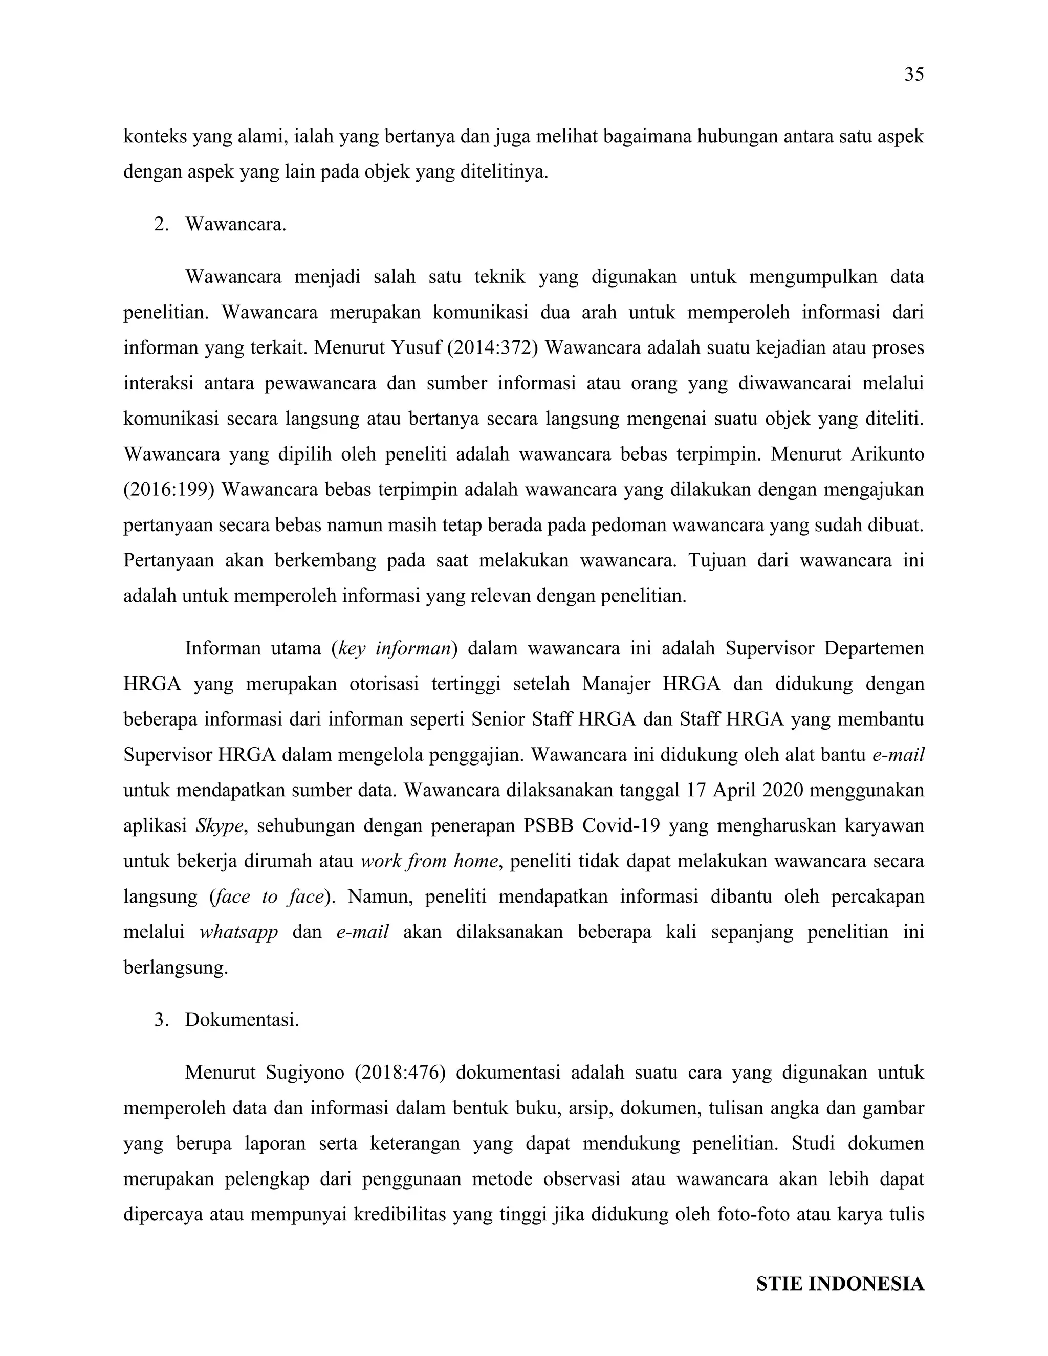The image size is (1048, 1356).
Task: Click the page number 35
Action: click(x=913, y=75)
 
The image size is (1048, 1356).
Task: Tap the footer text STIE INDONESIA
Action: click(x=839, y=1284)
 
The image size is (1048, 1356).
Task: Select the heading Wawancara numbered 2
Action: click(x=235, y=224)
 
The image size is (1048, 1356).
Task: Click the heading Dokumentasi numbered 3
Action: click(x=242, y=1019)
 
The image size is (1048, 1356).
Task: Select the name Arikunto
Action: click(x=879, y=454)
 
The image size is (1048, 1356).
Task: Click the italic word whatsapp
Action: click(x=238, y=932)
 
